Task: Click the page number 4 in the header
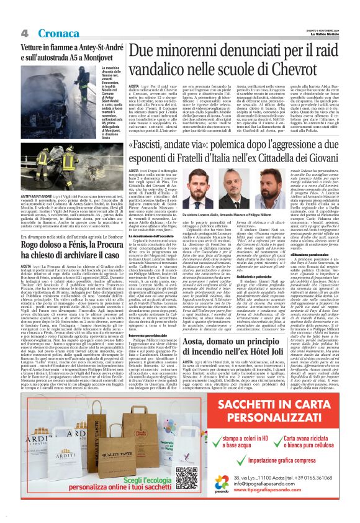point(25,33)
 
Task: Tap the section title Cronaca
point(58,33)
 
